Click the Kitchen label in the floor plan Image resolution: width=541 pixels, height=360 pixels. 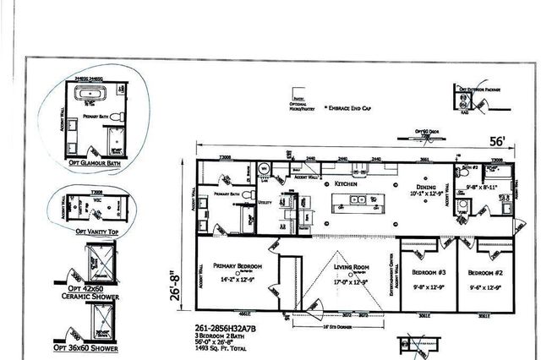[x=347, y=183]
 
